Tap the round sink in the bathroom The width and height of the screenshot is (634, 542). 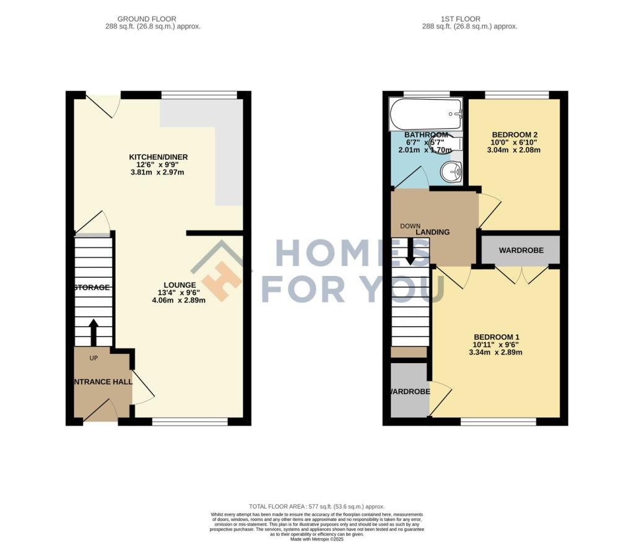click(451, 171)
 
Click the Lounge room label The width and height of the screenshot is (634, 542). click(180, 285)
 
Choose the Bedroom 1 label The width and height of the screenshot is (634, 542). click(497, 337)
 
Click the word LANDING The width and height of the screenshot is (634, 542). click(433, 232)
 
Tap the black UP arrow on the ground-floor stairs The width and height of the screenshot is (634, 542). click(93, 332)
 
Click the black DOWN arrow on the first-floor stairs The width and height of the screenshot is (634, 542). click(410, 254)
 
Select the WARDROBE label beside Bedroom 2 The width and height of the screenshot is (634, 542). click(521, 251)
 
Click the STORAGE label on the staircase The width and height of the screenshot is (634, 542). click(92, 288)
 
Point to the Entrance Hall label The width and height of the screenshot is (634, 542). click(103, 382)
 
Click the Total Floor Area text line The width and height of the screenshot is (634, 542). click(316, 505)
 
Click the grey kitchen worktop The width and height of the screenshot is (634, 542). click(228, 148)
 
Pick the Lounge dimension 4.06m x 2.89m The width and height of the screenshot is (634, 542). click(178, 300)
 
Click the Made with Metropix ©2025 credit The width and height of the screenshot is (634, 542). click(316, 538)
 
